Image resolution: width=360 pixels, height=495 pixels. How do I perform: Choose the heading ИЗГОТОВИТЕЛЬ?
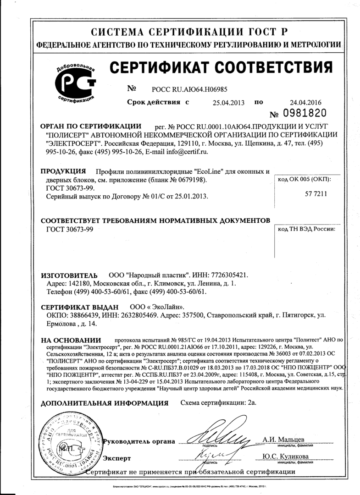click(69, 276)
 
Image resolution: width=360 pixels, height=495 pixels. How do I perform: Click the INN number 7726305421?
click(228, 276)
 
